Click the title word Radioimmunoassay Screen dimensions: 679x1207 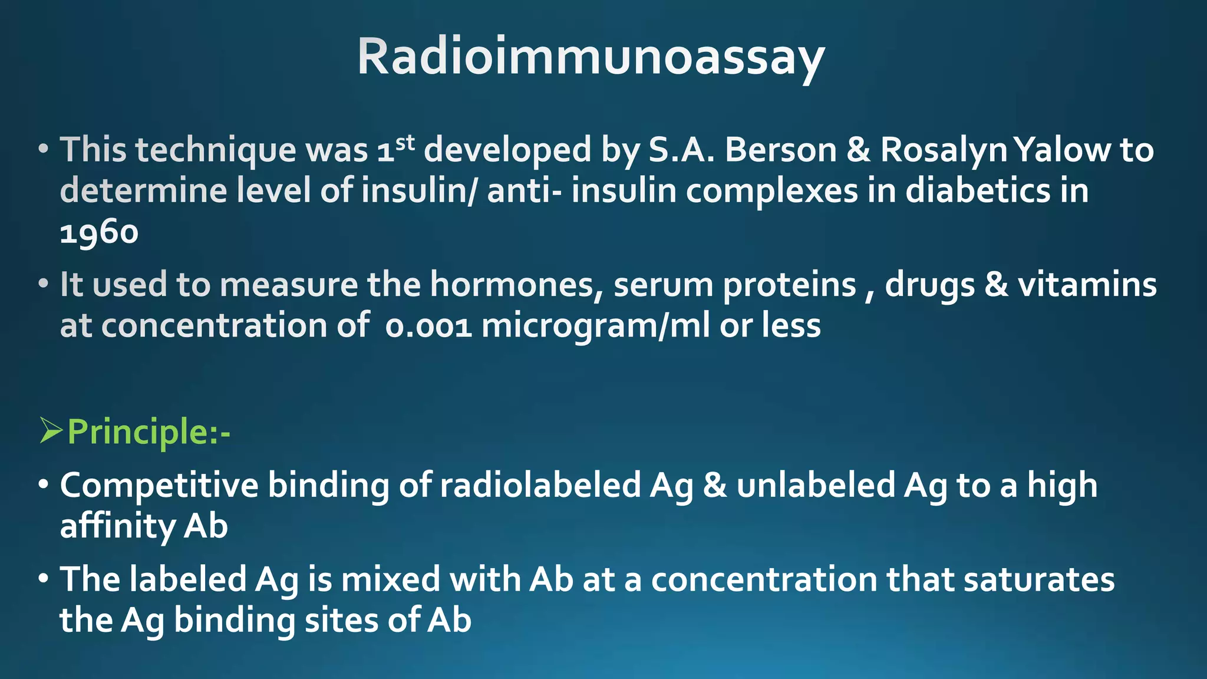pyautogui.click(x=591, y=57)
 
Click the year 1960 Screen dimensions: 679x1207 pyautogui.click(x=99, y=232)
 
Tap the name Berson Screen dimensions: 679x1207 pyautogui.click(x=780, y=150)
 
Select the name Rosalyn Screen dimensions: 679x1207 pyautogui.click(x=943, y=150)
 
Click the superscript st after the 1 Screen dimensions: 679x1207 pyautogui.click(x=405, y=143)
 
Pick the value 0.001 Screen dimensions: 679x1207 pyautogui.click(x=428, y=326)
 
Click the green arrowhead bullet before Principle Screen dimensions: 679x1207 pyautogui.click(x=51, y=431)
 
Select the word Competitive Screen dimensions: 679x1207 pyautogui.click(x=159, y=486)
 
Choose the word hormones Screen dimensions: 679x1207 pyautogui.click(x=516, y=285)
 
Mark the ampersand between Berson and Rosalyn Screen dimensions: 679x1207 pyautogui.click(x=859, y=150)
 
